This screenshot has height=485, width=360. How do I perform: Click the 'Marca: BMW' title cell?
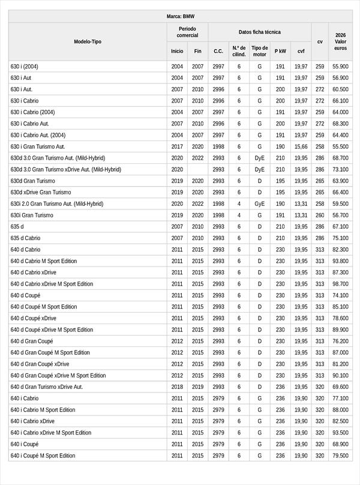[x=180, y=17]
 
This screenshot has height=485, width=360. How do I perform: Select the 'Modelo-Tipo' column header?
[x=88, y=42]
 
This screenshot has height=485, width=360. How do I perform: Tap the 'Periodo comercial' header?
[x=187, y=32]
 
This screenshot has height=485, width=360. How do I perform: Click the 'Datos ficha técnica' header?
[x=259, y=32]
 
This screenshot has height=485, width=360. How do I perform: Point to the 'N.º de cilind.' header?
[x=239, y=51]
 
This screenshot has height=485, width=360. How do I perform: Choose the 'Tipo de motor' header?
[x=260, y=51]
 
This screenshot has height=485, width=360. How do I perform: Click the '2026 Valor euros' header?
[x=340, y=41]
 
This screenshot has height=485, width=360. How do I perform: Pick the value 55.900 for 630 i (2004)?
[x=340, y=67]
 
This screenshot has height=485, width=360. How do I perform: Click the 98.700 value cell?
[x=340, y=284]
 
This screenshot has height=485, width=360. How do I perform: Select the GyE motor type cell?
[x=260, y=204]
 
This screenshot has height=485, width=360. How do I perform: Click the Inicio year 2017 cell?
[x=177, y=146]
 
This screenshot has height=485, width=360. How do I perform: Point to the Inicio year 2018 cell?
[x=177, y=387]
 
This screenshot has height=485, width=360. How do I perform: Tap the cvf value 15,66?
[x=301, y=146]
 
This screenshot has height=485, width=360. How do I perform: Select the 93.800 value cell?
[x=340, y=261]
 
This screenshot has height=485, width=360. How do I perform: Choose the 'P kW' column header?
[x=280, y=52]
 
